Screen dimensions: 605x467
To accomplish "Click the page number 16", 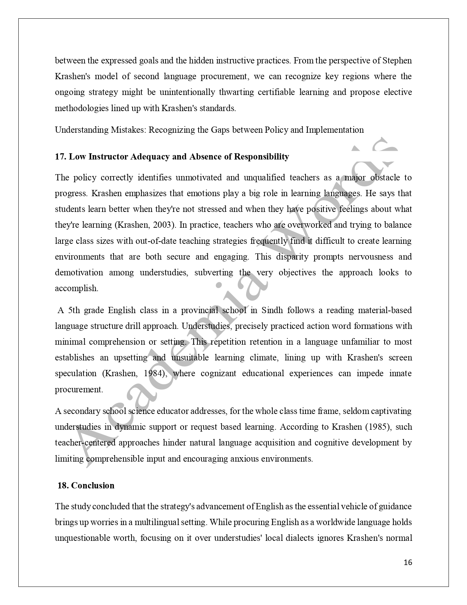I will pos(408,562).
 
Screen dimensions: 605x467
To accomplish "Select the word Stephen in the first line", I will pos(397,60).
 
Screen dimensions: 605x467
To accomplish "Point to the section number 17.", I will pos(60,157).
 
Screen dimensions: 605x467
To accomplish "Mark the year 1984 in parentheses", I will pos(153,373).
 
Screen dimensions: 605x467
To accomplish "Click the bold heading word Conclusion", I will pos(93,485).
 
